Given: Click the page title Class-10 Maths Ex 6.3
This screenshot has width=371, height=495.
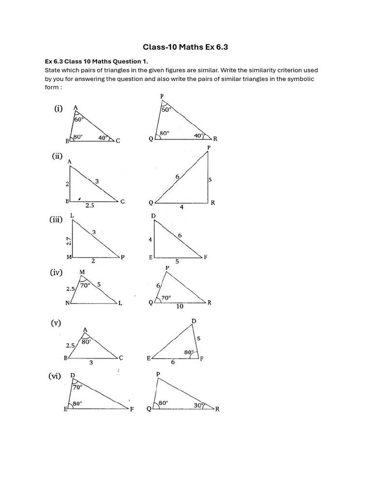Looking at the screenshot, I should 185,47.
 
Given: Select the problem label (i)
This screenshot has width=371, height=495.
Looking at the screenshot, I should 58,109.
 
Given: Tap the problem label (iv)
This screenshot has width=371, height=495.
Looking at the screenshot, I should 57,273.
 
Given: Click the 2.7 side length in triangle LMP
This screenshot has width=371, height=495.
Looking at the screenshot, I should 69,240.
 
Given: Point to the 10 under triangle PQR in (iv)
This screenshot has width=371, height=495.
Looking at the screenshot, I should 180,306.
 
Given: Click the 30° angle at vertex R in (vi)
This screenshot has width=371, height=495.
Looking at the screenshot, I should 199,406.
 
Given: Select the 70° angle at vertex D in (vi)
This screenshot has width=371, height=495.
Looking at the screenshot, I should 77,387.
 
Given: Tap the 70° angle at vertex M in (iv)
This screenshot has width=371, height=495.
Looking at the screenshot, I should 86,285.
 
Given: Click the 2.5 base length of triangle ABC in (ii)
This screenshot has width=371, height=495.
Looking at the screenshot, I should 90,205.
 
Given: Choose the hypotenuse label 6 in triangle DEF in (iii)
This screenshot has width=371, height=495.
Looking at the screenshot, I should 180,235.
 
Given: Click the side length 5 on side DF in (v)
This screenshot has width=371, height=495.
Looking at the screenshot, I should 198,339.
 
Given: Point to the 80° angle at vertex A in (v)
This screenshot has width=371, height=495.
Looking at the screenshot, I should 86,341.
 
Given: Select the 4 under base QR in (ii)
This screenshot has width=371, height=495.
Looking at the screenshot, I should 182,207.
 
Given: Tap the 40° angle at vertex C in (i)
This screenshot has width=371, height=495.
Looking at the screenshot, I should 102,137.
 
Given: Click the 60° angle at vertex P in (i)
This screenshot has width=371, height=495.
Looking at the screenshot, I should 167,110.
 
